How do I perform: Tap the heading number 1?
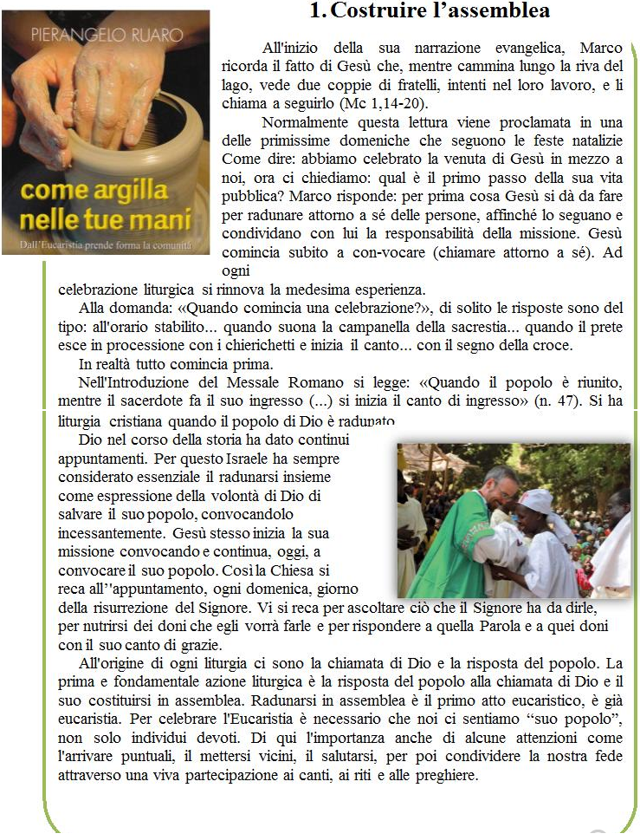316,12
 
